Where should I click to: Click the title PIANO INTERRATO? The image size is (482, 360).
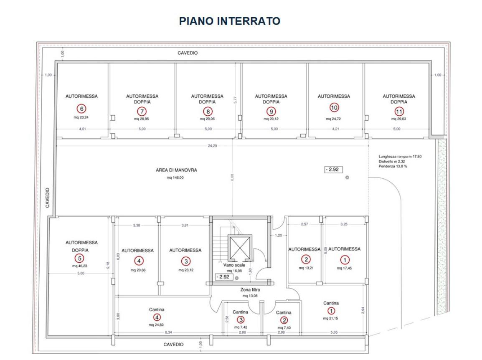tap(230, 21)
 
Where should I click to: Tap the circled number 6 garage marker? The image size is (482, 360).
tap(81, 109)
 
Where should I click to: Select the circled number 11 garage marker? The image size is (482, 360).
tap(399, 111)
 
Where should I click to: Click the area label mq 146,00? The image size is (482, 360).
tap(175, 177)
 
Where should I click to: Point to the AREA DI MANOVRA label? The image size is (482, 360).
tap(176, 170)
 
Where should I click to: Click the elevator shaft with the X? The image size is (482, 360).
tap(240, 248)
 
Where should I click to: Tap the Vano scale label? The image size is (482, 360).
tap(234, 265)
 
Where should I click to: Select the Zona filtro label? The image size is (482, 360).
tap(250, 289)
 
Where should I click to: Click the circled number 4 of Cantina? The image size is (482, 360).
tap(157, 317)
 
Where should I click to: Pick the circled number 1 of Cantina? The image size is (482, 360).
tap(331, 311)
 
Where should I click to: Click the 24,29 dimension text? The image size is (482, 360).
tap(213, 146)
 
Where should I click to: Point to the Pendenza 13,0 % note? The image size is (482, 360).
tap(393, 166)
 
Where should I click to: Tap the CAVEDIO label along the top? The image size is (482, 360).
tap(188, 53)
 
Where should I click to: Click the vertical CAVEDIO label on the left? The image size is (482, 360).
tap(47, 198)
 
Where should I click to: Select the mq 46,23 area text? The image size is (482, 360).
tap(80, 266)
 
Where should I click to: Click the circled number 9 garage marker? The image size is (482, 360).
tap(271, 111)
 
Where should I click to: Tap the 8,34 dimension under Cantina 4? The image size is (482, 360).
tap(168, 332)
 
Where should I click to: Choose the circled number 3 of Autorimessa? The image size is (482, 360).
tap(186, 261)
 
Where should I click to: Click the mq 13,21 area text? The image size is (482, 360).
tap(306, 268)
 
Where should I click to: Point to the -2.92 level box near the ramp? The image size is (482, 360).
tap(334, 170)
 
